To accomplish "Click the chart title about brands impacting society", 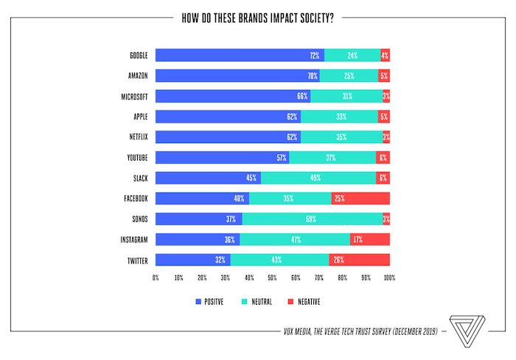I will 258,18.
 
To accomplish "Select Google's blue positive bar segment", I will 240,55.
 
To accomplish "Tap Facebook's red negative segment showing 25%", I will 360,198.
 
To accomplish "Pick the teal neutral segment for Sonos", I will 312,219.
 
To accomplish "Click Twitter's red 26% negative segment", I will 359,260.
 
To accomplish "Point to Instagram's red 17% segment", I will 370,239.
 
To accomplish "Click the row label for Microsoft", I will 136,97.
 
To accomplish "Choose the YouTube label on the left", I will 138,158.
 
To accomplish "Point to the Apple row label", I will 142,117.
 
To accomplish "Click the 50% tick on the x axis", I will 273,278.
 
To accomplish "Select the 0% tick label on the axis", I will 156,278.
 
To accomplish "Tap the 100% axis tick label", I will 389,278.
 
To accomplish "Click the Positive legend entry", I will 209,302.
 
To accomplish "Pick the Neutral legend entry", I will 258,302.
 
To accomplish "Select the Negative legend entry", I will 304,302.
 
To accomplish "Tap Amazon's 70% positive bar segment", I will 237,76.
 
